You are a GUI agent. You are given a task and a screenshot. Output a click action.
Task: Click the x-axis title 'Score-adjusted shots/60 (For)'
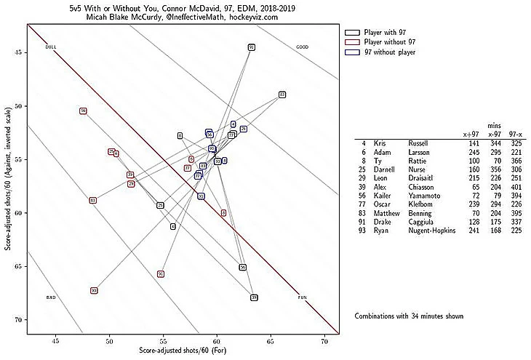tap(183, 351)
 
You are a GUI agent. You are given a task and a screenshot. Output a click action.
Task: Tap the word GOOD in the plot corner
tap(303, 47)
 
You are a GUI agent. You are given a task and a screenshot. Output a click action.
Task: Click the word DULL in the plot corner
tap(50, 47)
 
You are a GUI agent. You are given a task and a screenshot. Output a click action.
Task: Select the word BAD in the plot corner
tap(51, 297)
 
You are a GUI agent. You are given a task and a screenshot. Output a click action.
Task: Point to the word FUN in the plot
tap(303, 297)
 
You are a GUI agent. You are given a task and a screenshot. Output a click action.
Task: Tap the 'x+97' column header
tap(471, 134)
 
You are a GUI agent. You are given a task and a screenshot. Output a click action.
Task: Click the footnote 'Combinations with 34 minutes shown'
tap(408, 316)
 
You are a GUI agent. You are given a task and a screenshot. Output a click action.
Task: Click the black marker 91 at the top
tap(251, 47)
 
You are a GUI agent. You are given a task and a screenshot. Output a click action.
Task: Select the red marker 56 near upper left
tap(84, 111)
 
